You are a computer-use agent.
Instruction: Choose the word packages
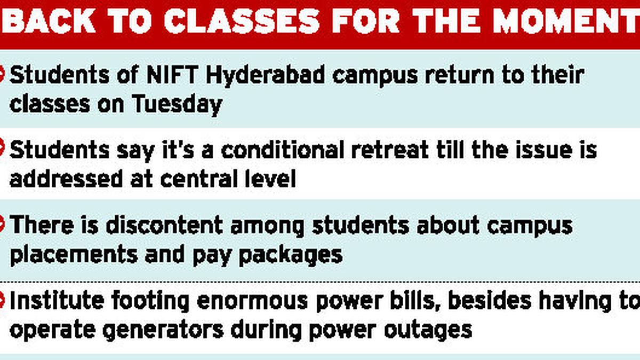(x=290, y=255)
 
